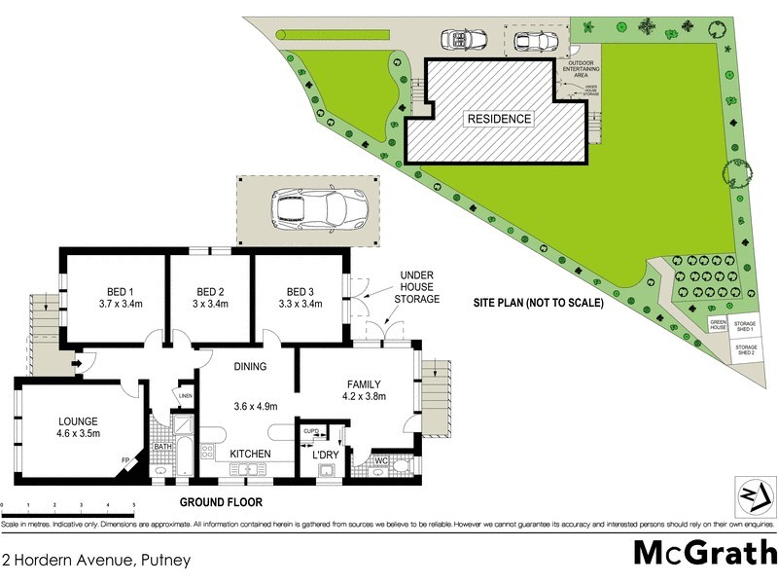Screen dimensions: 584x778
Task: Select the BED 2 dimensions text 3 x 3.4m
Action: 210,304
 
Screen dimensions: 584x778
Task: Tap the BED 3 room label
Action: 300,291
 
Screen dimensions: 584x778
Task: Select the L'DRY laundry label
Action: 325,455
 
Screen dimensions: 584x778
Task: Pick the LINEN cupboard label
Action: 184,395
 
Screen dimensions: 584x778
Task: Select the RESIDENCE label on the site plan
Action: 500,119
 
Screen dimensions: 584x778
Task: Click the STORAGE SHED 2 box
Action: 746,349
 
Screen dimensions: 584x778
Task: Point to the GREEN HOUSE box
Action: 718,326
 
